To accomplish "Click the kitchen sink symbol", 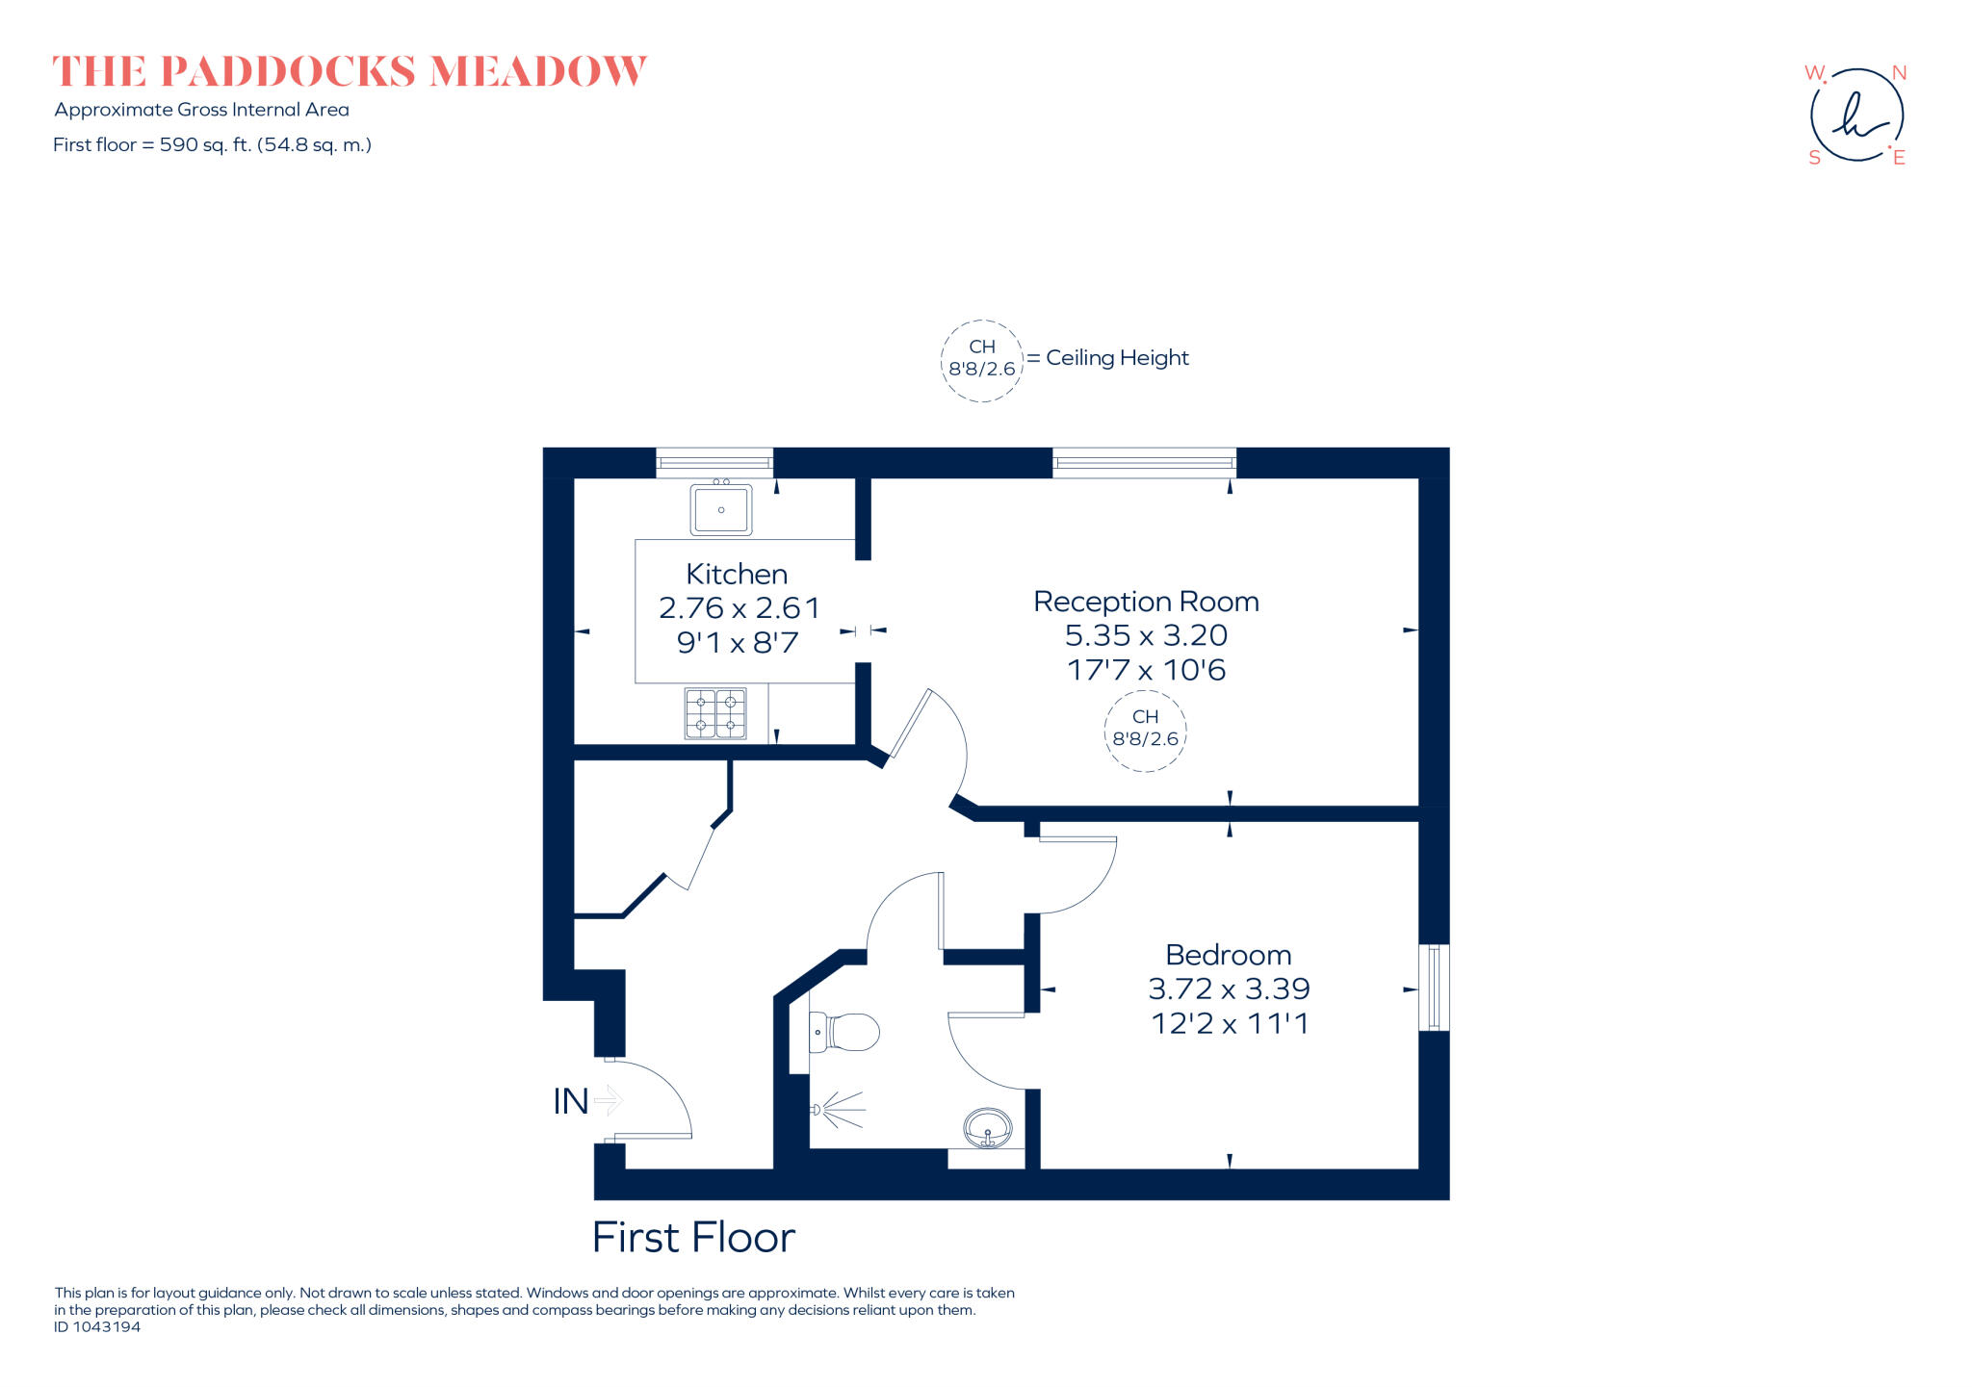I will pyautogui.click(x=720, y=509).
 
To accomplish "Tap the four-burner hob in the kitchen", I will pyautogui.click(x=715, y=713).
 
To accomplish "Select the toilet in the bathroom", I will pyautogui.click(x=844, y=1033).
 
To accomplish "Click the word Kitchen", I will pyautogui.click(x=737, y=575).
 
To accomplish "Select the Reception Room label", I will pyautogui.click(x=1146, y=602).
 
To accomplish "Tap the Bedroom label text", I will pyautogui.click(x=1228, y=955).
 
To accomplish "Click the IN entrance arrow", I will pyautogui.click(x=609, y=1100).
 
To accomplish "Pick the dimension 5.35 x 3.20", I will pyautogui.click(x=1146, y=635).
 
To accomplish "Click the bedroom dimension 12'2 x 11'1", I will pyautogui.click(x=1230, y=1023).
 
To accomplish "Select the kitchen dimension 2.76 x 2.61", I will pyautogui.click(x=739, y=608).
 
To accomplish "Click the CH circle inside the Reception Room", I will pyautogui.click(x=1145, y=729).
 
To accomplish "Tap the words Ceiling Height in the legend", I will pyautogui.click(x=1117, y=358).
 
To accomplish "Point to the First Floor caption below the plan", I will pyautogui.click(x=693, y=1238).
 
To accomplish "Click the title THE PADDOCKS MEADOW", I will pyautogui.click(x=349, y=72).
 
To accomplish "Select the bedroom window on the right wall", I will pyautogui.click(x=1434, y=988).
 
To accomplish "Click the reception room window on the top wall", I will pyautogui.click(x=1144, y=463).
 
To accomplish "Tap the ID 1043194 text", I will pyautogui.click(x=97, y=1327).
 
